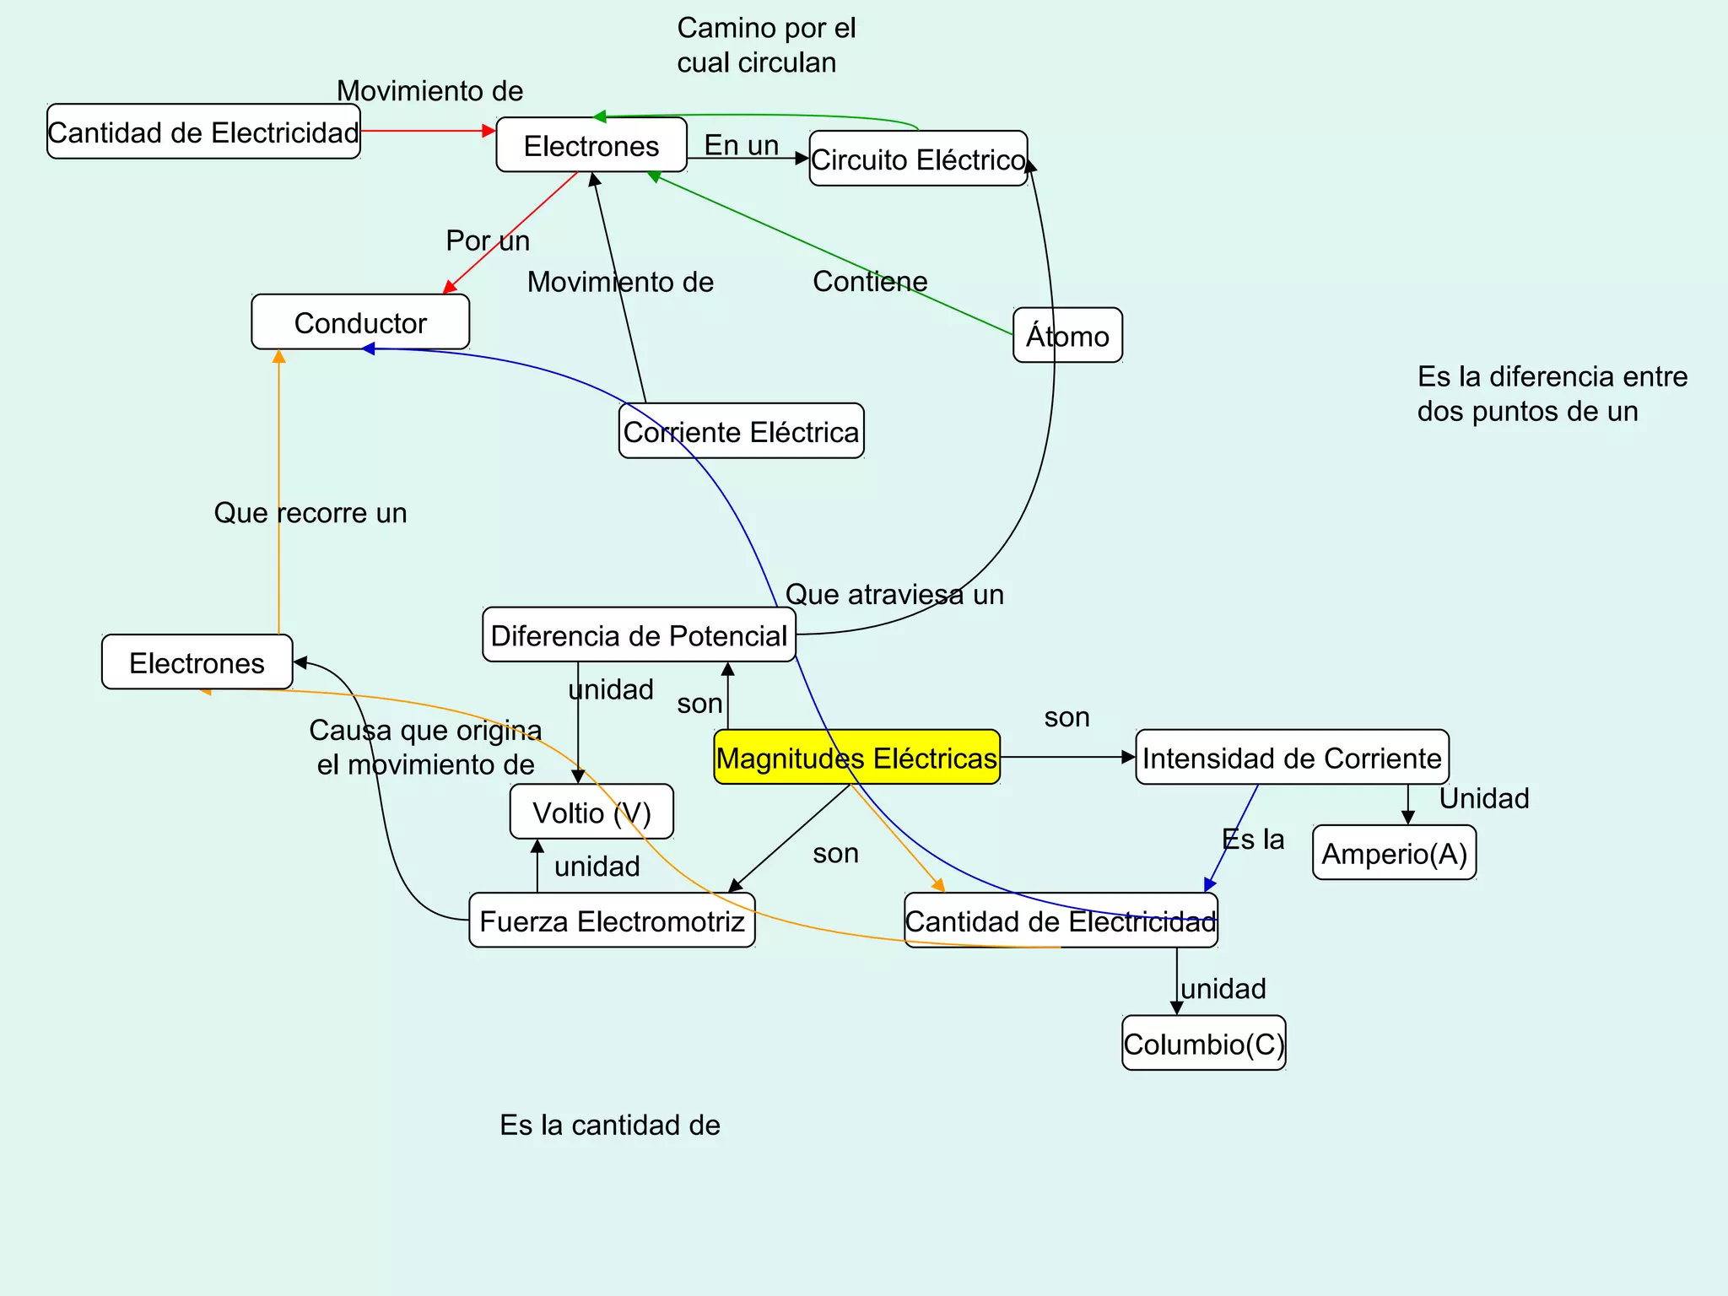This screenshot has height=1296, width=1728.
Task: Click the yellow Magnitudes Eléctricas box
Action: pos(856,757)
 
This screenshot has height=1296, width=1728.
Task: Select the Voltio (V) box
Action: pos(591,812)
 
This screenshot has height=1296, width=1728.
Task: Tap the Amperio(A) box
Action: pos(1394,853)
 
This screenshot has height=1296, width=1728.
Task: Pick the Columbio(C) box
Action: pos(1203,1044)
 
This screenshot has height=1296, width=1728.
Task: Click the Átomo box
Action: pos(1067,336)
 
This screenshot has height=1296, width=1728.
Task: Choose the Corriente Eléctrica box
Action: pos(741,431)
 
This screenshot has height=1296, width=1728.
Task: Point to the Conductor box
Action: pos(360,322)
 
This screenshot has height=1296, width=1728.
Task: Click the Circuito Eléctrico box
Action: pos(918,159)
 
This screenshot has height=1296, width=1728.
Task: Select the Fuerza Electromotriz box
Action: pos(612,921)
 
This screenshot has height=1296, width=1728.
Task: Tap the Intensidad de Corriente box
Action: pos(1292,758)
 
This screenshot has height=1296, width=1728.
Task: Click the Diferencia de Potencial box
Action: pos(639,634)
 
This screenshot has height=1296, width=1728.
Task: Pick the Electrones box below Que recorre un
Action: pos(197,662)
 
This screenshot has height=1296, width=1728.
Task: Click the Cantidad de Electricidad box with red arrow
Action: pos(203,132)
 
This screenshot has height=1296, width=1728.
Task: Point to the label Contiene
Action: pos(870,281)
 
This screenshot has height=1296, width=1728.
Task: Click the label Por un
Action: pos(488,240)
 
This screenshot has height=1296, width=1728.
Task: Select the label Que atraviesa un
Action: pos(894,594)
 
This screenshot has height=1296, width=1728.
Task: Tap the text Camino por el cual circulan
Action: pos(765,46)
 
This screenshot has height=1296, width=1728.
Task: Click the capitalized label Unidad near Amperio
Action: pos(1483,798)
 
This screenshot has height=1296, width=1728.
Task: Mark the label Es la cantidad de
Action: pos(609,1125)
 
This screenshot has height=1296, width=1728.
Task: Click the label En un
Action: pos(741,145)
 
